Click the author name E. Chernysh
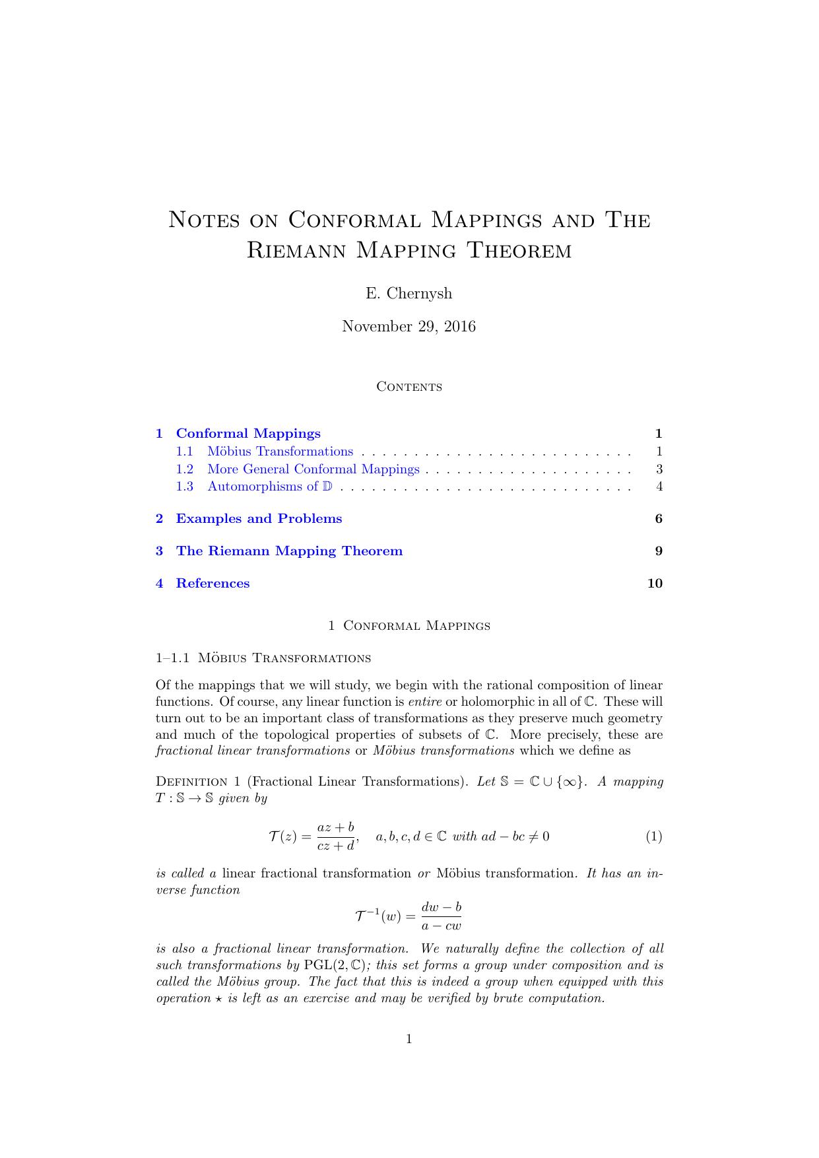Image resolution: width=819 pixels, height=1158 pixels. [x=409, y=294]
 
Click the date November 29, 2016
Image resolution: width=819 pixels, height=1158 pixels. [x=409, y=327]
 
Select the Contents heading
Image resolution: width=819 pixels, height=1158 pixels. [x=409, y=387]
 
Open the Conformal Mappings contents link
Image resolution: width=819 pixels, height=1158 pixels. [x=248, y=434]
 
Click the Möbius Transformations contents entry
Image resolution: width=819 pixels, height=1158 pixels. [x=280, y=452]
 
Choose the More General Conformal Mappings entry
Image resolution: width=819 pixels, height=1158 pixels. [x=313, y=469]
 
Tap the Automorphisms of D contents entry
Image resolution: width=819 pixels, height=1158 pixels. [x=269, y=487]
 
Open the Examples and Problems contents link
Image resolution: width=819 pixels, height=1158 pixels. [x=259, y=519]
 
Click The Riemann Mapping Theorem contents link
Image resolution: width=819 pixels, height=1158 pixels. [x=289, y=551]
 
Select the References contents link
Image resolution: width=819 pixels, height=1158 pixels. [x=213, y=584]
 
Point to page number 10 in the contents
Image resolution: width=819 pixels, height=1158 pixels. [x=655, y=584]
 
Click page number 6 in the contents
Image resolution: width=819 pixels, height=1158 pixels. [x=659, y=519]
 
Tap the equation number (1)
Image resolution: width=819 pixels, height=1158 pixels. [x=653, y=836]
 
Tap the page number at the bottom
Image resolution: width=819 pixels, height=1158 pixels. [x=409, y=1039]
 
